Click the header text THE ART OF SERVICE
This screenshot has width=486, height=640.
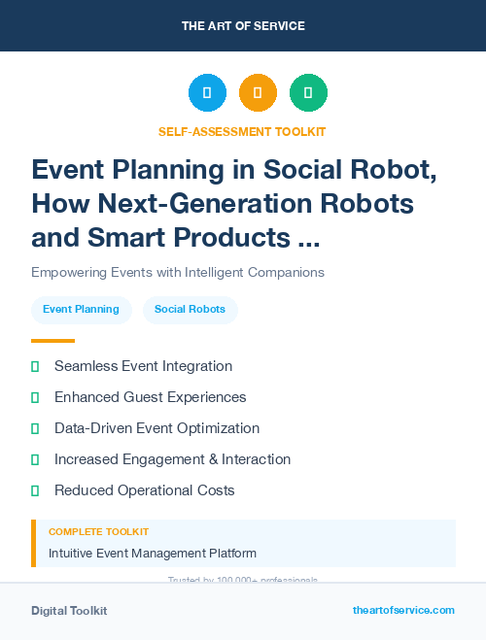243,26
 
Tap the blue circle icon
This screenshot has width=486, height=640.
207,93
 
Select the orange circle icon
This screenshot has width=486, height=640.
258,93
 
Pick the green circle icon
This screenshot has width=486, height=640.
308,93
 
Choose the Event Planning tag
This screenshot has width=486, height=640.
82,310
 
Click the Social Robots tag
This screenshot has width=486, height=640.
190,310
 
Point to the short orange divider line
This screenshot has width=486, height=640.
52,341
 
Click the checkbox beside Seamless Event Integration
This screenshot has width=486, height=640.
35,367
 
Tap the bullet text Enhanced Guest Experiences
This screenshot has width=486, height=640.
150,397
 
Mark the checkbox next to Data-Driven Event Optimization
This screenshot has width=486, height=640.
35,428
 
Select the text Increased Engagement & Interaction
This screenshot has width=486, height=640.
172,459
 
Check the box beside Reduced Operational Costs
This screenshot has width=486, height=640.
35,490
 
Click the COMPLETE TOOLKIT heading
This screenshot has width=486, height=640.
98,532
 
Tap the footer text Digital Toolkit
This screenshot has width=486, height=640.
69,611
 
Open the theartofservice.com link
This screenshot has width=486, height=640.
403,610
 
